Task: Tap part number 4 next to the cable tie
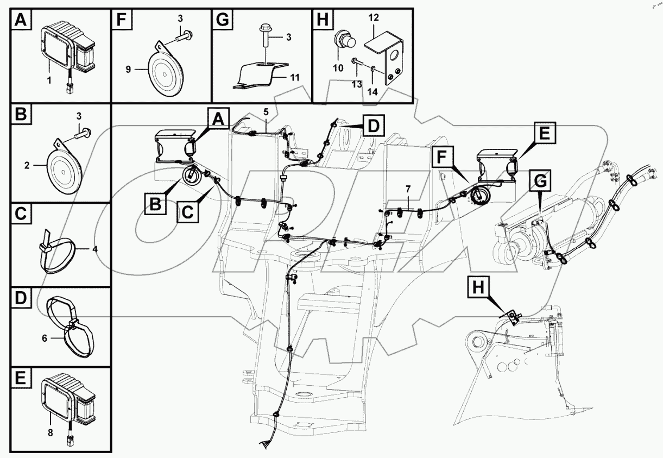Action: pyautogui.click(x=94, y=249)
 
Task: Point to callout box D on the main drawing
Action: pyautogui.click(x=371, y=126)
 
